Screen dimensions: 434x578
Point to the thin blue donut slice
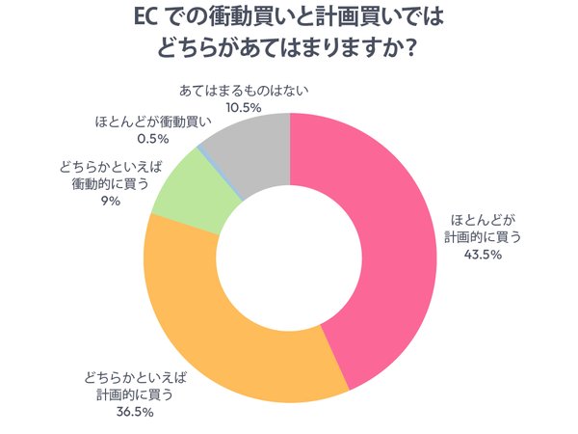[200, 149]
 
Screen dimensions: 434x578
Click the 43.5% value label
[475, 256]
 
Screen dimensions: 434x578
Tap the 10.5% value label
[245, 108]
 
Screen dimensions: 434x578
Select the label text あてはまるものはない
[245, 91]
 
